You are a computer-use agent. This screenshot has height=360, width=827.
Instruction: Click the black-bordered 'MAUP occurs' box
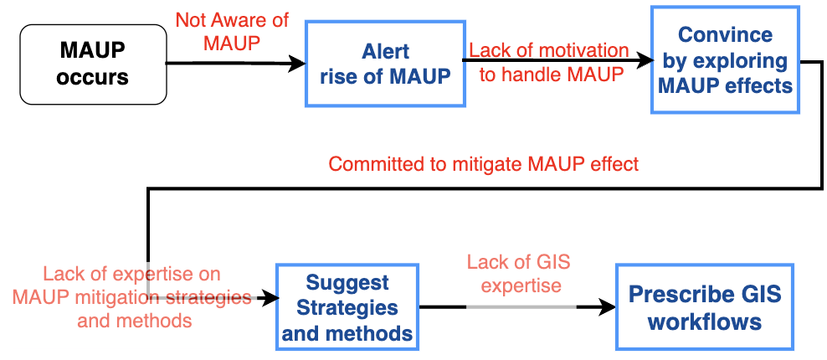(93, 64)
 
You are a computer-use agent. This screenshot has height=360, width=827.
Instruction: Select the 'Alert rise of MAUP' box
(385, 64)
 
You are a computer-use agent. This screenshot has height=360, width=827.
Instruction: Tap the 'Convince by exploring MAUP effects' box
(722, 60)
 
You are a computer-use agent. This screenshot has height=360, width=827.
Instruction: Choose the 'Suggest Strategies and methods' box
(347, 307)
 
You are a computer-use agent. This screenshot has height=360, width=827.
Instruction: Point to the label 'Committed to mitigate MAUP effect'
(483, 164)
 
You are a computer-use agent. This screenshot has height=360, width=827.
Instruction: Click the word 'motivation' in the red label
(585, 51)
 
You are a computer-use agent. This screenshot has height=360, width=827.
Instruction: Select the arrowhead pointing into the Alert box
(298, 63)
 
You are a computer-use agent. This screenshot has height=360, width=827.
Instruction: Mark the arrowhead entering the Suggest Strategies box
(270, 297)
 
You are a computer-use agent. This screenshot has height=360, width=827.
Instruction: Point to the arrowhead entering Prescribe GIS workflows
(609, 307)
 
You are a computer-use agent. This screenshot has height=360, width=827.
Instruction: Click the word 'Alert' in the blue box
(386, 52)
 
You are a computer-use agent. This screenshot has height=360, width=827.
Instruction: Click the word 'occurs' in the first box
(94, 77)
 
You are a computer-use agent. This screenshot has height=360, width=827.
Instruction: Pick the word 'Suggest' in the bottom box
(347, 282)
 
